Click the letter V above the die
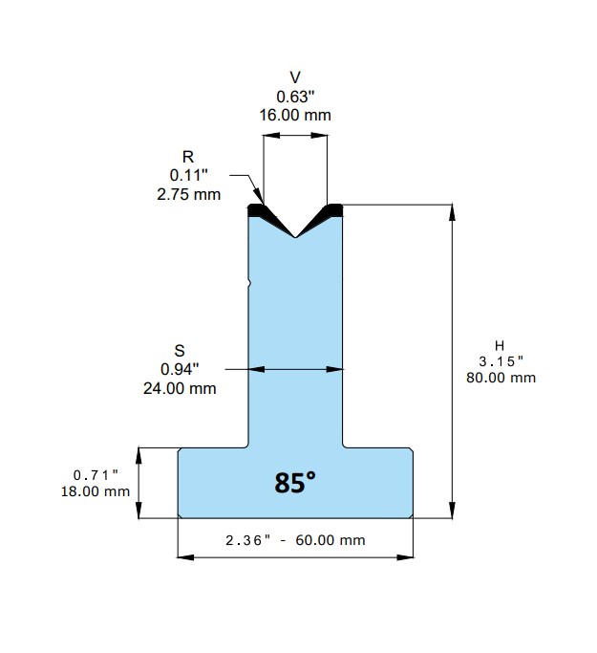(x=295, y=77)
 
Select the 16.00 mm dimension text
(x=295, y=115)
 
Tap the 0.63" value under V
(x=295, y=97)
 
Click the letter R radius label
(x=188, y=157)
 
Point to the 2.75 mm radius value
(x=189, y=194)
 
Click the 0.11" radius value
(x=188, y=175)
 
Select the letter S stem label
(x=180, y=351)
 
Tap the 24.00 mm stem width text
(x=180, y=388)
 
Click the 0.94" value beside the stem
(x=180, y=369)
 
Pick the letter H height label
(x=500, y=346)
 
